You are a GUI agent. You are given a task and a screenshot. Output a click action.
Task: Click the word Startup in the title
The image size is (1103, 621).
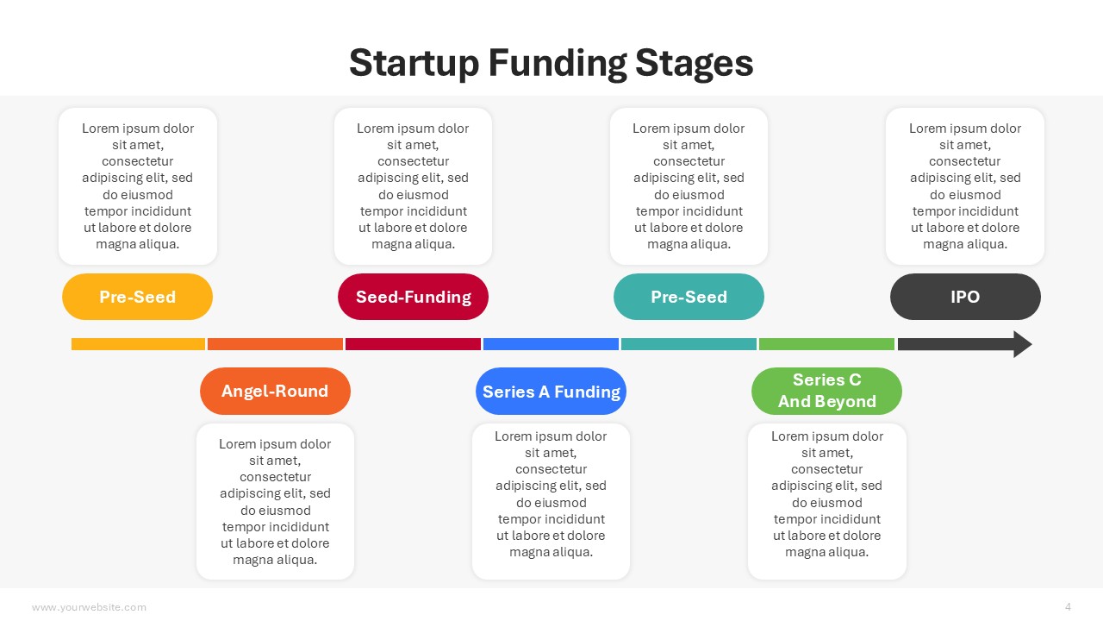coord(414,64)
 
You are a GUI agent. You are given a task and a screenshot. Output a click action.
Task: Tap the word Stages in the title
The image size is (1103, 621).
coord(695,64)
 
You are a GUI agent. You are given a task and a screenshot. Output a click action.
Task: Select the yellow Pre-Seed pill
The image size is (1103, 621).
coord(137,297)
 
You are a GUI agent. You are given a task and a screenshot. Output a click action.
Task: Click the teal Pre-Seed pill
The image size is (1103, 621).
coord(689,297)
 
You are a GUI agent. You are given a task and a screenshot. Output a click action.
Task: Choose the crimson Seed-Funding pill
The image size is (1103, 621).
coord(413,297)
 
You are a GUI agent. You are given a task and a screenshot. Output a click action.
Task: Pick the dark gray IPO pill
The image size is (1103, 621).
coord(965,297)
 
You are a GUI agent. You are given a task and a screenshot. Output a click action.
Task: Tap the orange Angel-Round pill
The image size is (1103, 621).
coord(275,391)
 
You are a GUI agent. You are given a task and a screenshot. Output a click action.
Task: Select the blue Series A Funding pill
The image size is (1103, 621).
coord(551,391)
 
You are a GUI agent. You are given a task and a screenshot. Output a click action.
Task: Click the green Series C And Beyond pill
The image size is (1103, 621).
coord(826,391)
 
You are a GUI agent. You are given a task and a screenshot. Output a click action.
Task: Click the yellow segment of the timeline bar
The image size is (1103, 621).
coord(138,344)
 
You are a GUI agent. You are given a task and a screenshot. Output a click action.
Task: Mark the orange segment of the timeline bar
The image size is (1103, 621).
coord(275,344)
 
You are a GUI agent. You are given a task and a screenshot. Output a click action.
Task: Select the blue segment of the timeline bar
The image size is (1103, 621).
coord(551,344)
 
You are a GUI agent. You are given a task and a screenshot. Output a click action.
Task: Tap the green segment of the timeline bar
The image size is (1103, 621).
coord(826,344)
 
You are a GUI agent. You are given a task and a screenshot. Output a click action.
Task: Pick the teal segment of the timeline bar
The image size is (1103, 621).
coord(689,344)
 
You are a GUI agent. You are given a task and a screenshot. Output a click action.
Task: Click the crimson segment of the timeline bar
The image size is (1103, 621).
coord(413,344)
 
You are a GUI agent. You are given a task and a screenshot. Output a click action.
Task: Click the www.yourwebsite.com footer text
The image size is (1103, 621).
coord(89,607)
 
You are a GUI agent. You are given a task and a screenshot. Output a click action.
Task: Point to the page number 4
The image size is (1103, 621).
coord(1068,606)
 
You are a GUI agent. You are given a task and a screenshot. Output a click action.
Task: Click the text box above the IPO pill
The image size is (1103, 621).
coord(965,186)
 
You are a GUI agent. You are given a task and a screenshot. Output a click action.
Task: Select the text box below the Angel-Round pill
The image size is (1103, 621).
coord(275,501)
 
